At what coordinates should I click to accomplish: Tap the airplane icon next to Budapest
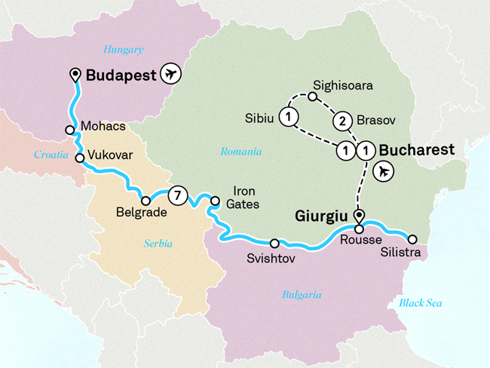coord(173,75)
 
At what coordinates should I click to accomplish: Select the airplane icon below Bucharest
coord(385,171)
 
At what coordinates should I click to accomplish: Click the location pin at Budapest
coord(75,74)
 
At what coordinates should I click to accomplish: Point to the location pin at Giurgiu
coord(359,214)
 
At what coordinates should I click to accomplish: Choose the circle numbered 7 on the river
coord(176,195)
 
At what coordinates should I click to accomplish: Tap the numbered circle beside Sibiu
coord(289,117)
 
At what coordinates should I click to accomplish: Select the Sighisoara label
coord(341,86)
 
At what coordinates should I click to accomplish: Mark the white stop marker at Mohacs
coord(69,130)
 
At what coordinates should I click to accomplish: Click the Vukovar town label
coord(110,155)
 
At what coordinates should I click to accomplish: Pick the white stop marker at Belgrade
coord(145,201)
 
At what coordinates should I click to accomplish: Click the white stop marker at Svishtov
coord(274,244)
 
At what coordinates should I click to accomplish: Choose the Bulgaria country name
coord(302,295)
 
